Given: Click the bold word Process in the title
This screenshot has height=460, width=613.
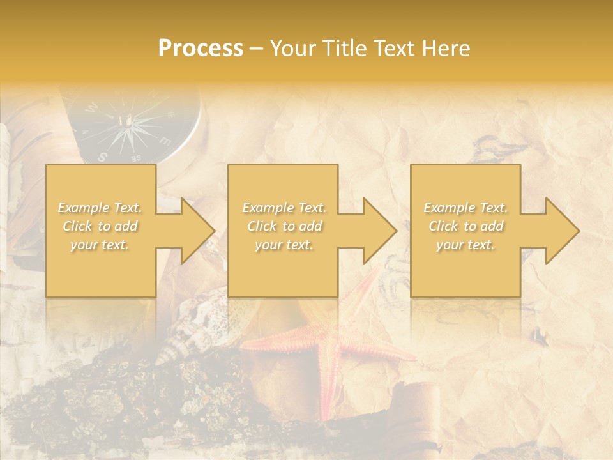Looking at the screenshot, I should click(201, 49).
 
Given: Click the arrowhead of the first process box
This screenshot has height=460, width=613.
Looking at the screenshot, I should click(195, 231).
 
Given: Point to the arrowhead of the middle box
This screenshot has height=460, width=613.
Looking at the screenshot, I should click(377, 231).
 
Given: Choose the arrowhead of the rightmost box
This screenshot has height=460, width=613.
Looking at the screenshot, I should click(560, 231).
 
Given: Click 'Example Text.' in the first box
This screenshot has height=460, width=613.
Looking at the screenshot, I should click(100, 208).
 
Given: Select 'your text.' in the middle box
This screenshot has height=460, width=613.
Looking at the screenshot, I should click(284, 245).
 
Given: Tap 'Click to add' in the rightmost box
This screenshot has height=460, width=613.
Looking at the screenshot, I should click(466, 226).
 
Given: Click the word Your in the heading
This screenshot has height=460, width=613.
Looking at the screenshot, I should click(292, 49).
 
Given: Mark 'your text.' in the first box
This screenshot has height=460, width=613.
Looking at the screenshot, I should click(100, 245).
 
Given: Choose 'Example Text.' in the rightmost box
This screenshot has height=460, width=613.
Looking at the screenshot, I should click(466, 208).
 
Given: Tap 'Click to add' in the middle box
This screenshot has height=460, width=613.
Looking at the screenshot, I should click(284, 226).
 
